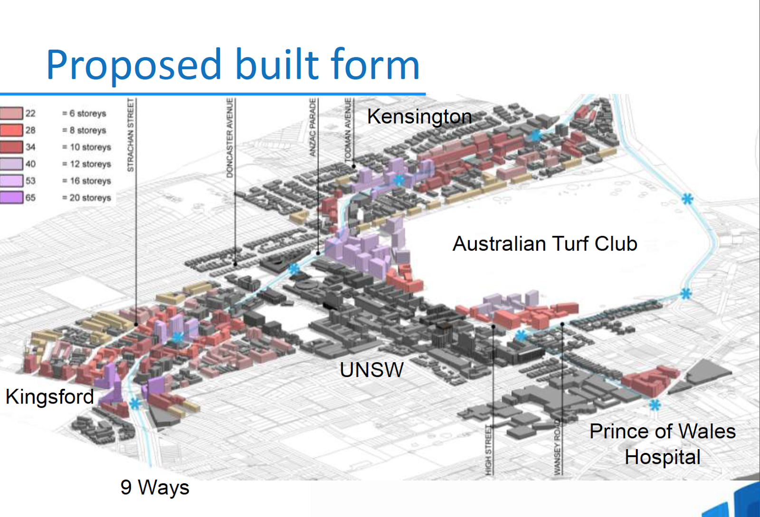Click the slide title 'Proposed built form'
[x=233, y=65]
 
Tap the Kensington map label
[x=419, y=117]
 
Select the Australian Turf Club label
[x=545, y=244]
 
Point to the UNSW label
[x=371, y=370]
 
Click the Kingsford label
[x=50, y=396]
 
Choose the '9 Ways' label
[x=155, y=488]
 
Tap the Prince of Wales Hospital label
[x=662, y=444]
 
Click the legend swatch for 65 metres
[x=11, y=197]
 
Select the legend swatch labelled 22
[x=11, y=113]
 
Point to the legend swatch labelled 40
[x=11, y=164]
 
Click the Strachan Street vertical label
[x=131, y=135]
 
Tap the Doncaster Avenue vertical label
[x=230, y=138]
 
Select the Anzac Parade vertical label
[x=313, y=127]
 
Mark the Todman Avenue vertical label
[x=348, y=129]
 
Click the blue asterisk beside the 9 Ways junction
[x=135, y=404]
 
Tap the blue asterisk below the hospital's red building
[x=655, y=405]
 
